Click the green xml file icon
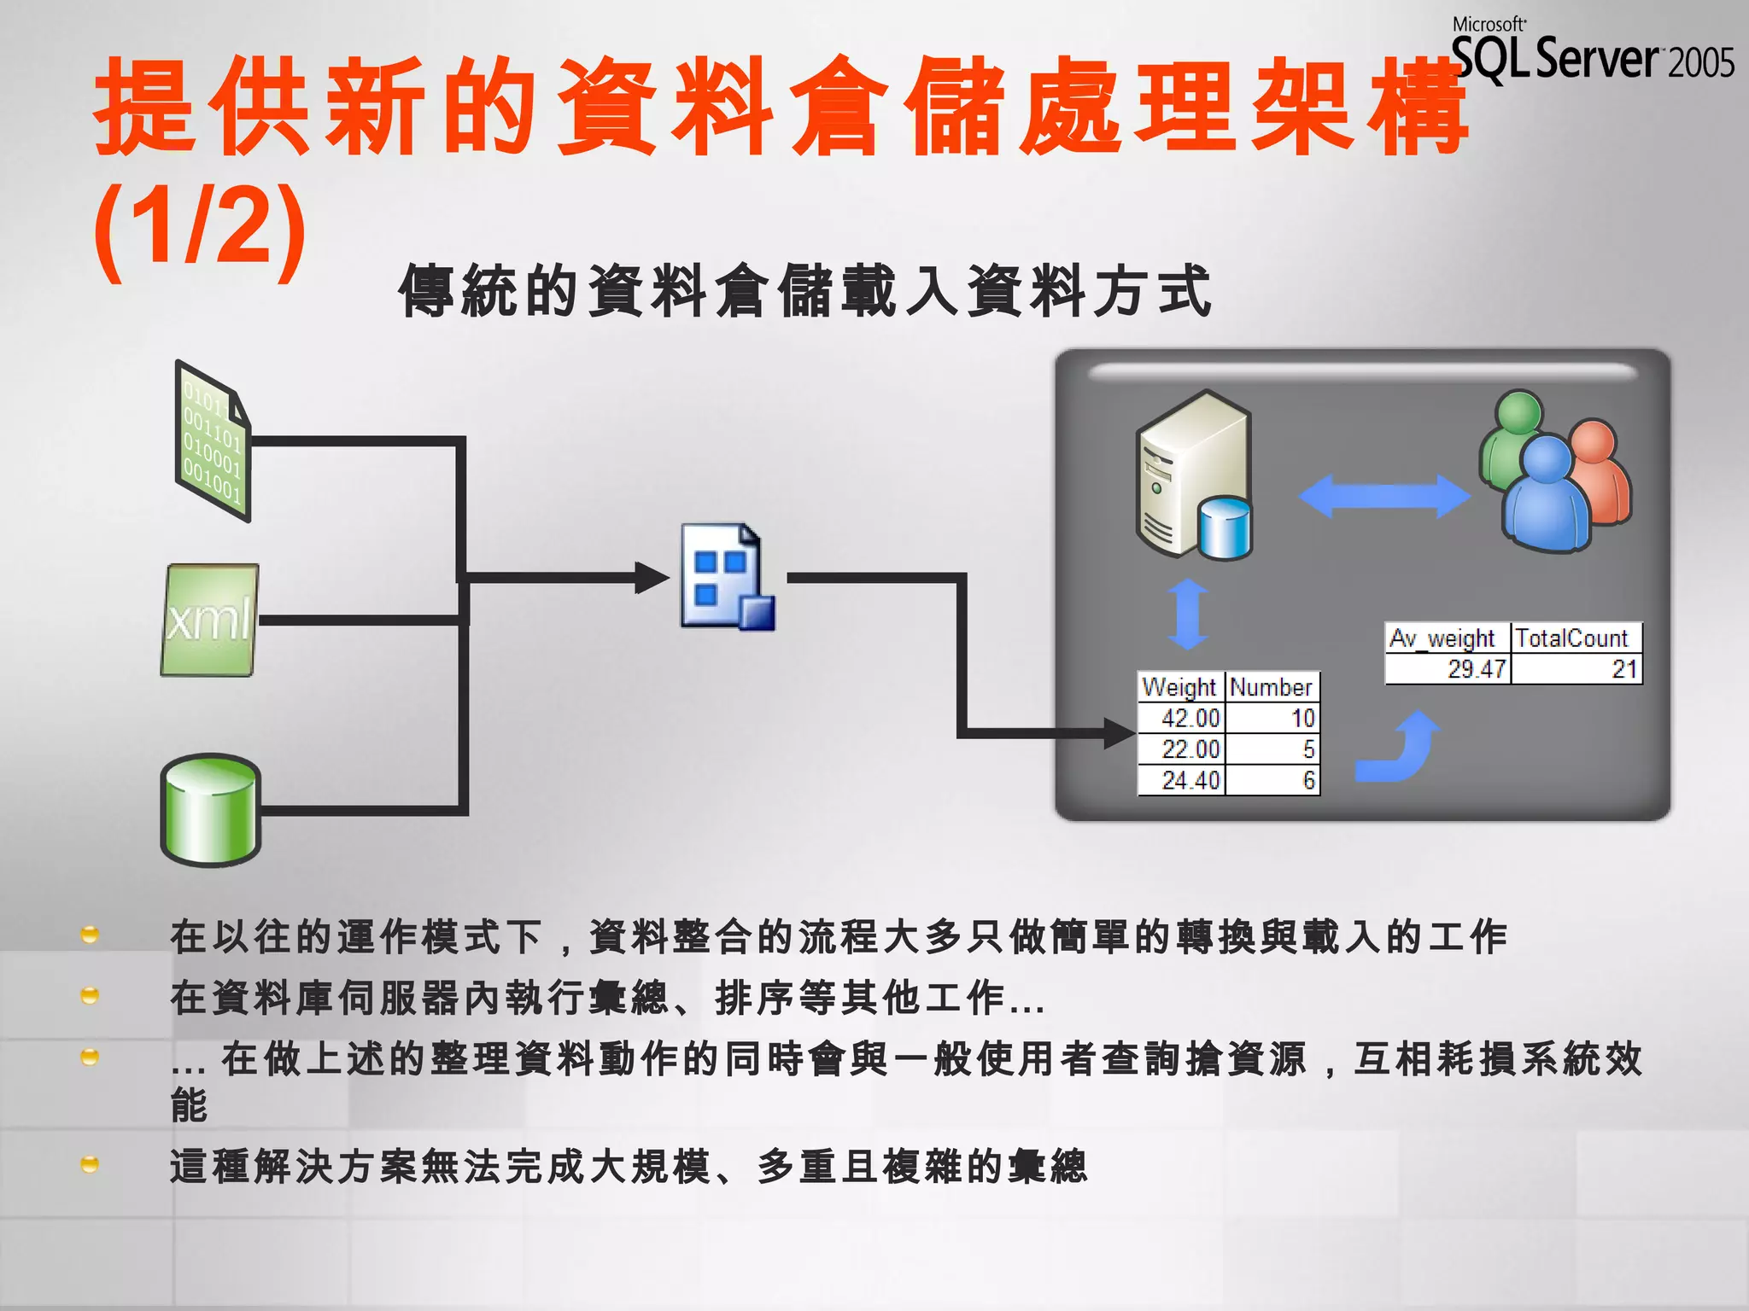tap(209, 620)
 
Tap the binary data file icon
tap(213, 442)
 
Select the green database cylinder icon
tap(210, 810)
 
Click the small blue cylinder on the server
tap(1225, 528)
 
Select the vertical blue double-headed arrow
tap(1188, 615)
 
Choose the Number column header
tap(1272, 687)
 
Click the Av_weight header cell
tap(1447, 638)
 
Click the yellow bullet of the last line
tap(90, 1165)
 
